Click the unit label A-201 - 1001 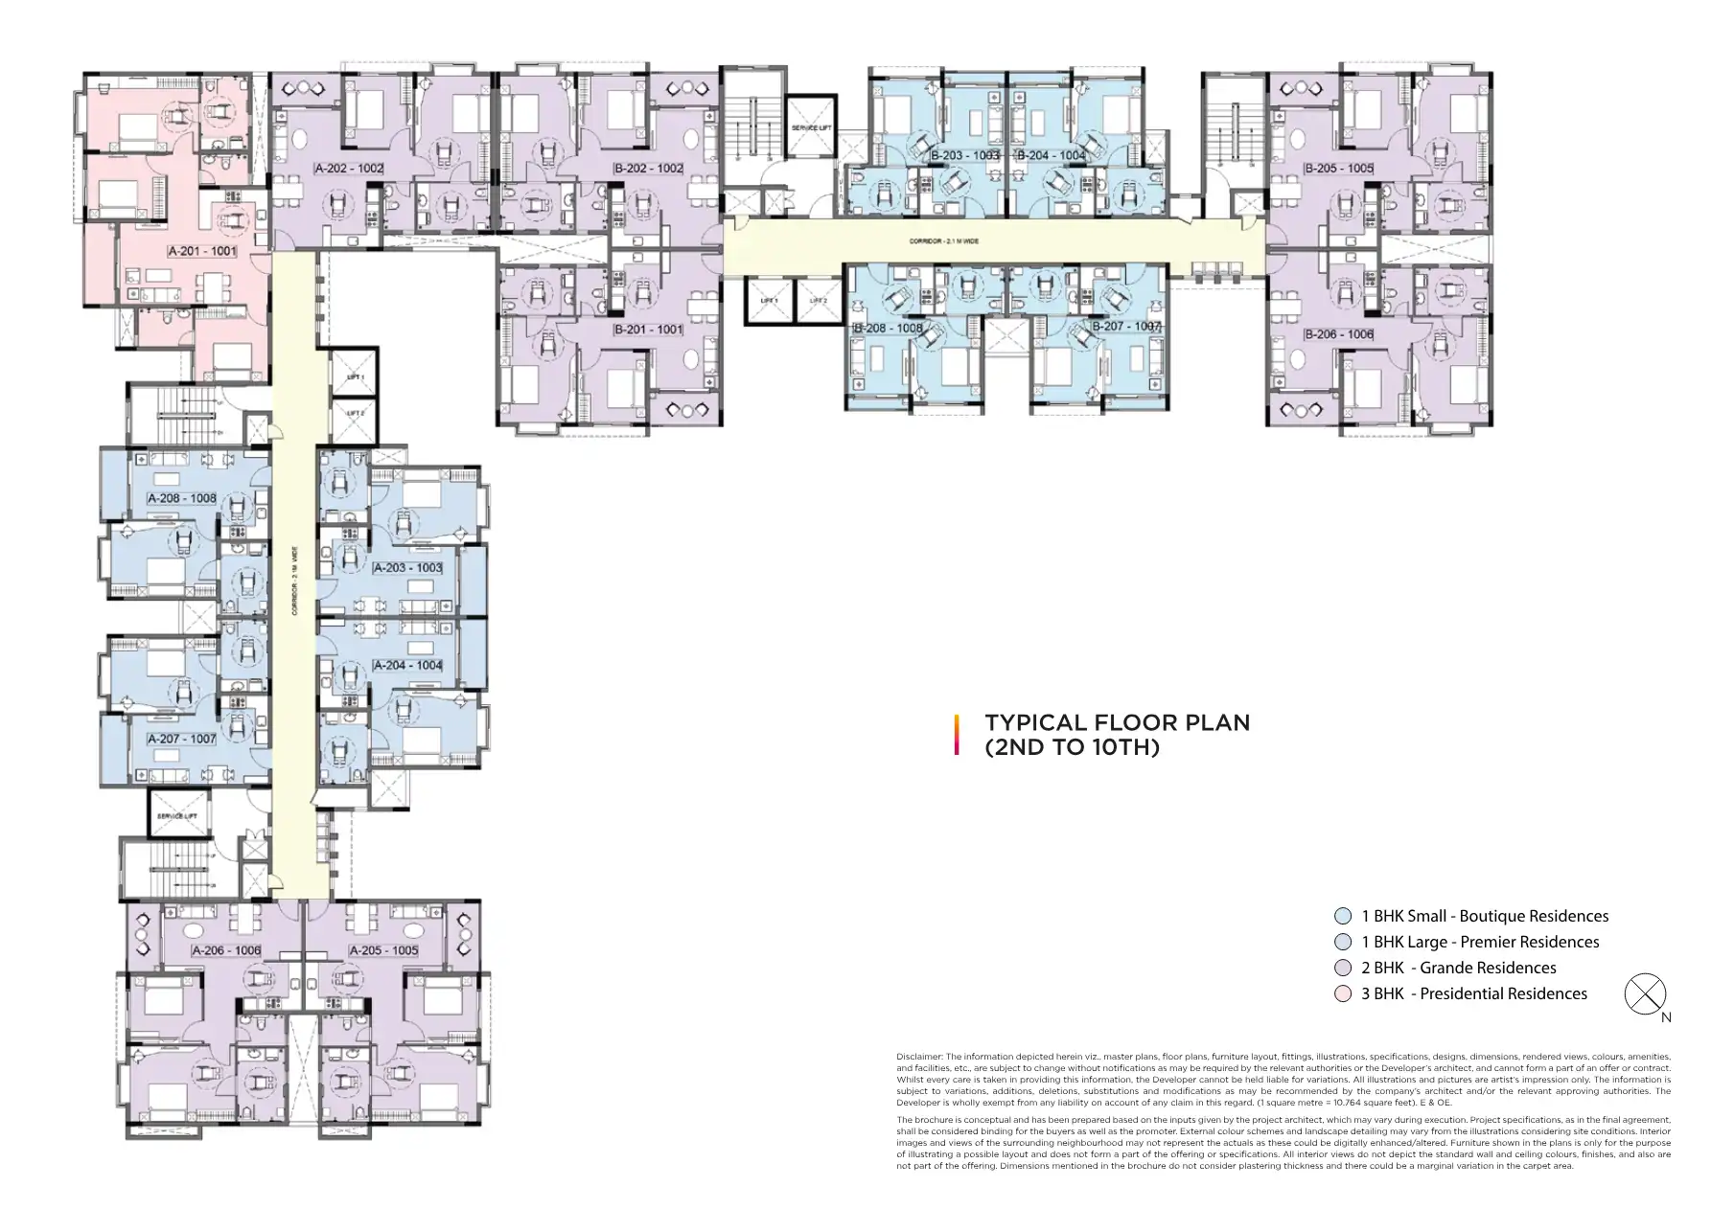(x=202, y=251)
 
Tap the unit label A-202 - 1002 (x=349, y=169)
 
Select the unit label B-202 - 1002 (x=649, y=169)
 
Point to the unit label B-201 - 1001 (x=649, y=330)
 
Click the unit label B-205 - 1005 (x=1338, y=169)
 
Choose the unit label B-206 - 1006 (x=1338, y=334)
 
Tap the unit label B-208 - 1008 (x=888, y=328)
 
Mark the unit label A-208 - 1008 (x=181, y=499)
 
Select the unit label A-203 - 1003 (x=407, y=568)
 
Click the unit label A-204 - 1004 (x=407, y=665)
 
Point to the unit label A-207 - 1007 (x=181, y=740)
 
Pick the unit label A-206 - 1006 (x=226, y=950)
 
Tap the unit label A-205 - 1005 (x=383, y=950)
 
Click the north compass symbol (x=1645, y=994)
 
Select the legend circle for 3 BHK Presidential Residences (x=1343, y=994)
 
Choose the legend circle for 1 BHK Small (x=1343, y=917)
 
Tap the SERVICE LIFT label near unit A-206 (x=178, y=815)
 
